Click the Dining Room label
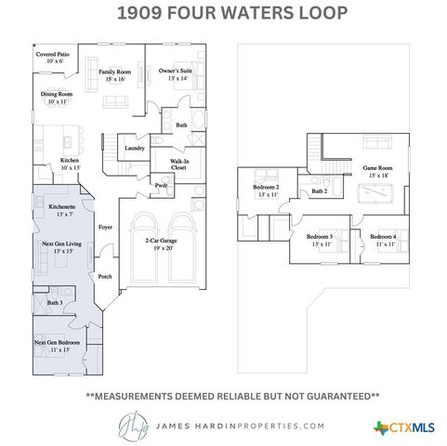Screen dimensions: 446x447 point(57,98)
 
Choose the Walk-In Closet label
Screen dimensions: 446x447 point(179,164)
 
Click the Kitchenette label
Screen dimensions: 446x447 point(62,210)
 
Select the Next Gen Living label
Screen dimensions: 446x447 point(61,248)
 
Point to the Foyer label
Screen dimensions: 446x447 point(106,226)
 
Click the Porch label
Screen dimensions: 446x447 point(105,276)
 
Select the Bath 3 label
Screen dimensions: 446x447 point(55,303)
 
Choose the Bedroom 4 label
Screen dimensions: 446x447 point(383,240)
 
